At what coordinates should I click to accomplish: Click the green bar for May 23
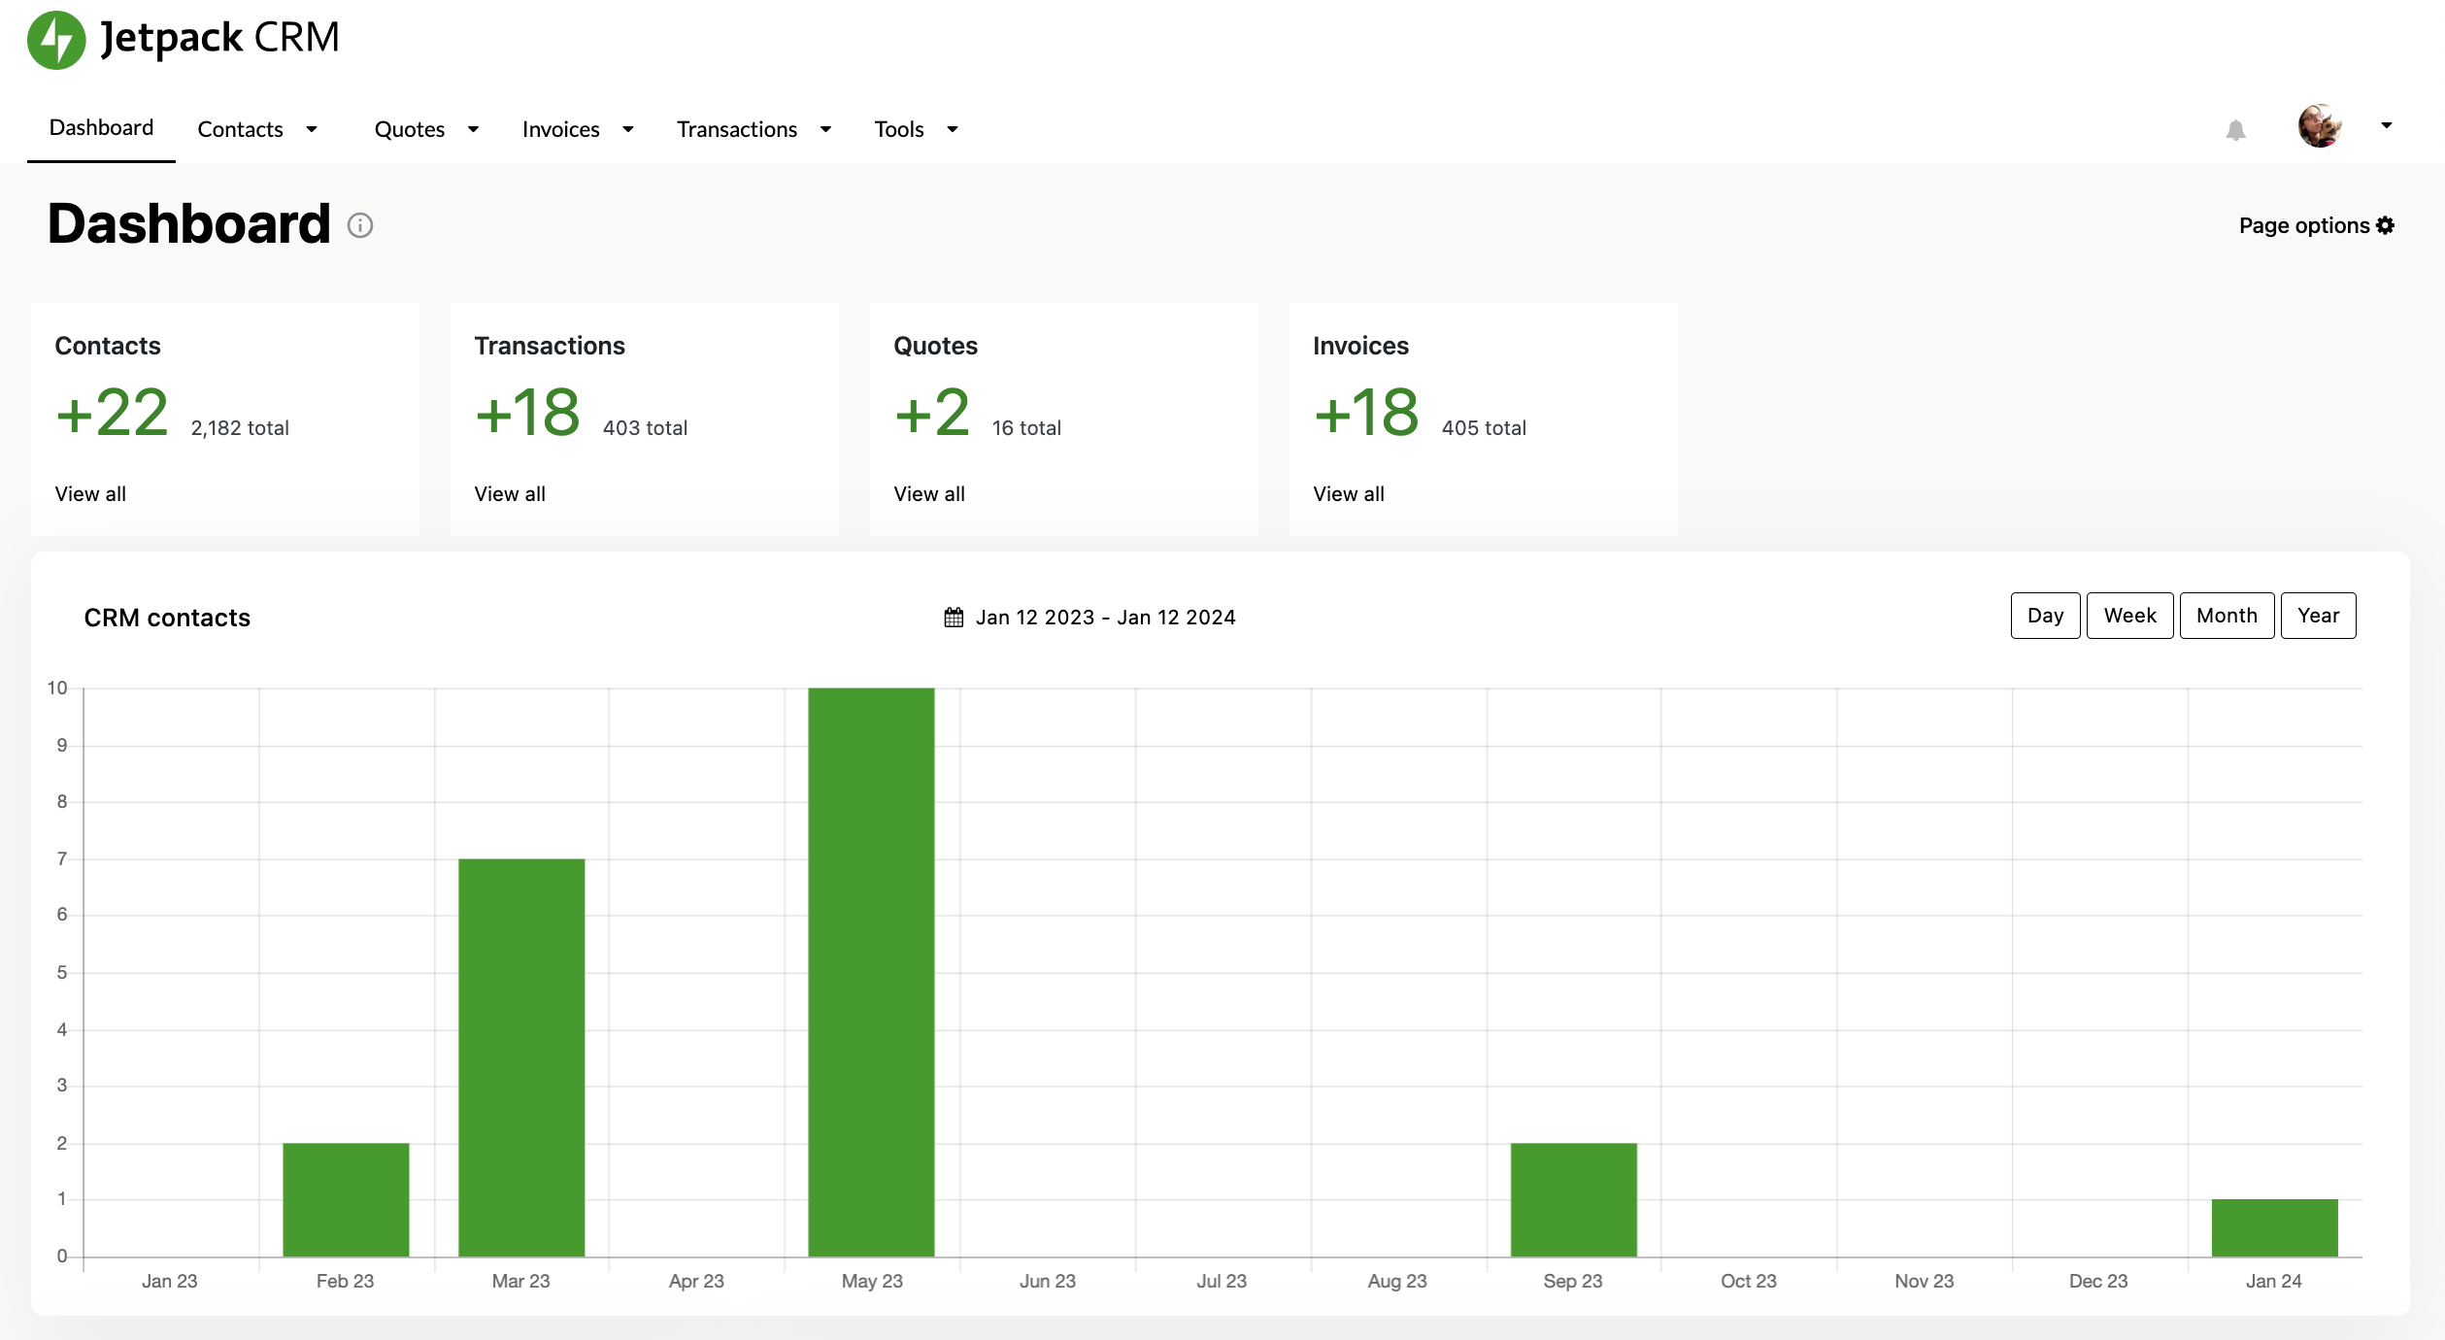click(871, 971)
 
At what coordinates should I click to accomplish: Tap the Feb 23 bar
click(346, 1199)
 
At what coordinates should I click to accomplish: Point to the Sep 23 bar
click(1573, 1199)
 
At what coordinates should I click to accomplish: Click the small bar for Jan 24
click(2274, 1227)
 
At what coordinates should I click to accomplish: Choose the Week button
click(2129, 616)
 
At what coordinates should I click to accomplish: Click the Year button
click(2318, 616)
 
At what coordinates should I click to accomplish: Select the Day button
click(2045, 616)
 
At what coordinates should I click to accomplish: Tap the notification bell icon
click(2235, 130)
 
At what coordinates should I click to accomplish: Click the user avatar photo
click(2319, 126)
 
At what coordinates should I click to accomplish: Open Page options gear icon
click(2385, 225)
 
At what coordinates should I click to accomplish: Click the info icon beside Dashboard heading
click(360, 225)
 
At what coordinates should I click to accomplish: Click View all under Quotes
click(929, 494)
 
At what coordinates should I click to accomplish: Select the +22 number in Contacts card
click(113, 413)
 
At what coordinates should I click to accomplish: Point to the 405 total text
click(1484, 428)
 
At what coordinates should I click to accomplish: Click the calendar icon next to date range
click(954, 618)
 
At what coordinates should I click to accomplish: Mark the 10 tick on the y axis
click(57, 688)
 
